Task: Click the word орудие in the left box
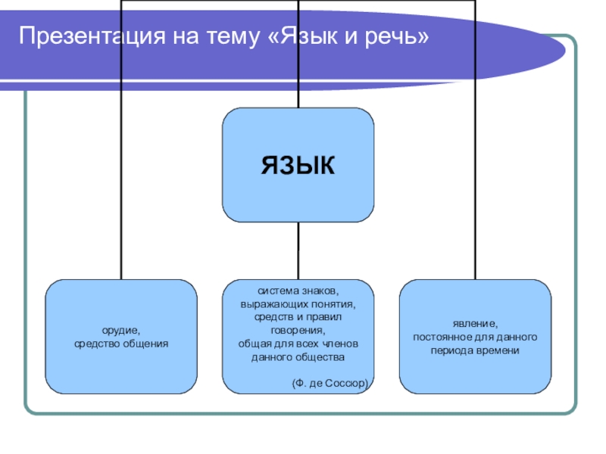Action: (x=121, y=331)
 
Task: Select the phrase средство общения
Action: (x=121, y=343)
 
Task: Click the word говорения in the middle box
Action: (x=297, y=331)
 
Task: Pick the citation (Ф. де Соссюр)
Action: (x=330, y=384)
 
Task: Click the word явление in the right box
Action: (x=476, y=322)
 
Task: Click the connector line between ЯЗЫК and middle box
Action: (x=298, y=250)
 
